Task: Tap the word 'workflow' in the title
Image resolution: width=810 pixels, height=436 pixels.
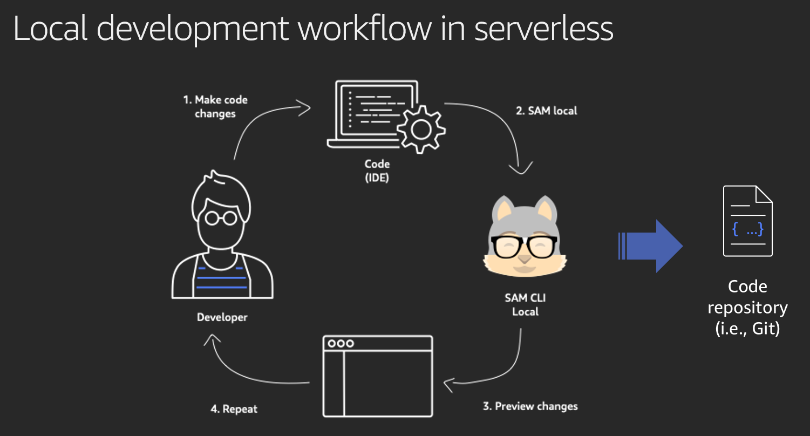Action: pyautogui.click(x=365, y=28)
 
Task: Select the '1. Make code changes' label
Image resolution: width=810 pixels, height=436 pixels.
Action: pyautogui.click(x=215, y=106)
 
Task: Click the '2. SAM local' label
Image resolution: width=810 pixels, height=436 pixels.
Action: pyautogui.click(x=547, y=111)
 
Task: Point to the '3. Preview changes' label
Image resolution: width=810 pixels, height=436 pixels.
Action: pyautogui.click(x=530, y=406)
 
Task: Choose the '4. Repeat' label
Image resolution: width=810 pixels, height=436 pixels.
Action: pyautogui.click(x=234, y=409)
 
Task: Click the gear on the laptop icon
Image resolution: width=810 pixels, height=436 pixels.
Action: pyautogui.click(x=421, y=130)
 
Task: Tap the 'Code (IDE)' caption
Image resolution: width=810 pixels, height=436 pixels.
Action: pyautogui.click(x=377, y=171)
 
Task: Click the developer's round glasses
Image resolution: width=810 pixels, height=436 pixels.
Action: pyautogui.click(x=221, y=218)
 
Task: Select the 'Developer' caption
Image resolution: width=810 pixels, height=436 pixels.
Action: pyautogui.click(x=222, y=317)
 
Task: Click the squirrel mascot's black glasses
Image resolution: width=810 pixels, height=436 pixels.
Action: pyautogui.click(x=525, y=247)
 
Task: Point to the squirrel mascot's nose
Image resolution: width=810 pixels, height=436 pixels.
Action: pyautogui.click(x=525, y=259)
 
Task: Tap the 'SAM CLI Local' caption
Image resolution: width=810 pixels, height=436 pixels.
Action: pyautogui.click(x=525, y=305)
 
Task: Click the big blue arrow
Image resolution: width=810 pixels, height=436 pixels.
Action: pyautogui.click(x=650, y=246)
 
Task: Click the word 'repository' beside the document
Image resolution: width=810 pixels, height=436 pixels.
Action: pyautogui.click(x=747, y=308)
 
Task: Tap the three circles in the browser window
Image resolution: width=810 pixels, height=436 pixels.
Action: pyautogui.click(x=341, y=343)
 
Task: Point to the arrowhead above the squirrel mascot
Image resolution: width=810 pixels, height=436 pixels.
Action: pyautogui.click(x=521, y=168)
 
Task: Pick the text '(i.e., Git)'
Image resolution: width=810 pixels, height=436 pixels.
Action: pyautogui.click(x=747, y=329)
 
